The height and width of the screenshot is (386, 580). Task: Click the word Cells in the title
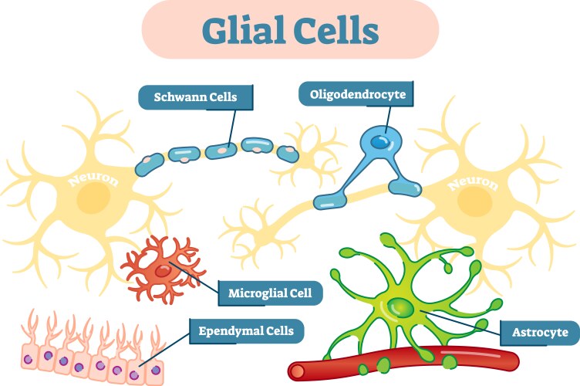[x=335, y=30]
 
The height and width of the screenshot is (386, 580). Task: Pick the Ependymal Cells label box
[x=246, y=332]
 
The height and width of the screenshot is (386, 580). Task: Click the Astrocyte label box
[x=539, y=334]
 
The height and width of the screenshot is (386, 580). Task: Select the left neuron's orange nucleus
[x=92, y=199]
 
